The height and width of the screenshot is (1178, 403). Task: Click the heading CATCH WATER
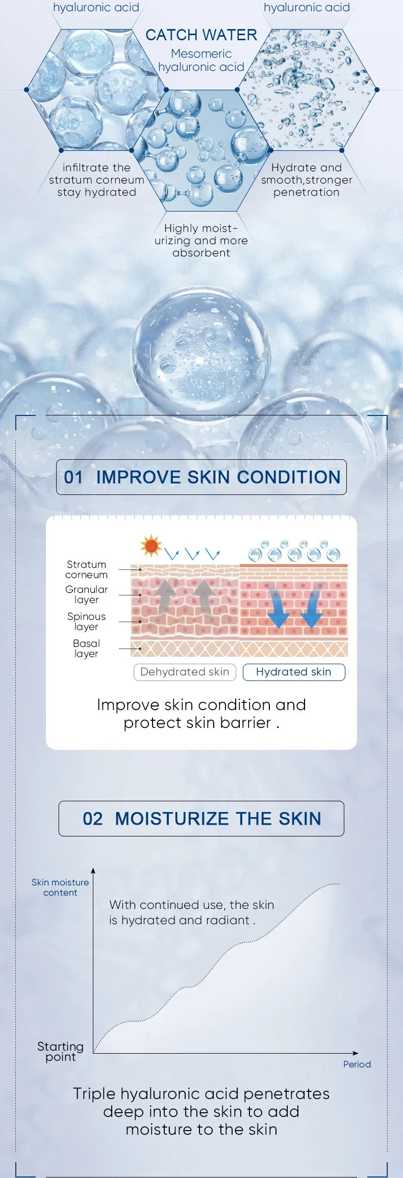tap(201, 35)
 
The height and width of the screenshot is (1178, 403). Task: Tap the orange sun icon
tap(151, 546)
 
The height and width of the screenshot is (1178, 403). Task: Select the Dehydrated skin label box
tap(185, 672)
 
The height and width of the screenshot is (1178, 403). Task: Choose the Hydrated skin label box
tap(294, 672)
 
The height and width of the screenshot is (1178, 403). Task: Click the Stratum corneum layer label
tap(87, 569)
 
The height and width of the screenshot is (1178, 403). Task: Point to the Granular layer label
tap(87, 594)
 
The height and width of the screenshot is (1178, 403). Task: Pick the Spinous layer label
tap(87, 621)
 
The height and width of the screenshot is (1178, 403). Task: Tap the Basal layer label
tap(87, 648)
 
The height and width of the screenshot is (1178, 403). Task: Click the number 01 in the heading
tap(73, 477)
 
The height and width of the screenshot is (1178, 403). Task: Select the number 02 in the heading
tap(93, 819)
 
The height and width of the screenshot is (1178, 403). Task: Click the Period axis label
tap(357, 1064)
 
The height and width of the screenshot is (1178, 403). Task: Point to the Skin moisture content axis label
tap(60, 887)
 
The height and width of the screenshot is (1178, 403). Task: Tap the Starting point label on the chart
tap(60, 1052)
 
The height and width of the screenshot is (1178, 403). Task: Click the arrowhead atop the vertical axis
tap(93, 871)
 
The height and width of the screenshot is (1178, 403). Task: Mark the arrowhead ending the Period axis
tap(356, 1053)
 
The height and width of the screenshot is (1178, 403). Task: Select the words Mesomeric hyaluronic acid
tap(201, 60)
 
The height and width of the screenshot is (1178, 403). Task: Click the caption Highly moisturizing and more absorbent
tap(202, 241)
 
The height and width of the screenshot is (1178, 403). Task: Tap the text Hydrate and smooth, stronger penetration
tap(307, 180)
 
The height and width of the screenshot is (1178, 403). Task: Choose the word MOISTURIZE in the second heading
tap(172, 819)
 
